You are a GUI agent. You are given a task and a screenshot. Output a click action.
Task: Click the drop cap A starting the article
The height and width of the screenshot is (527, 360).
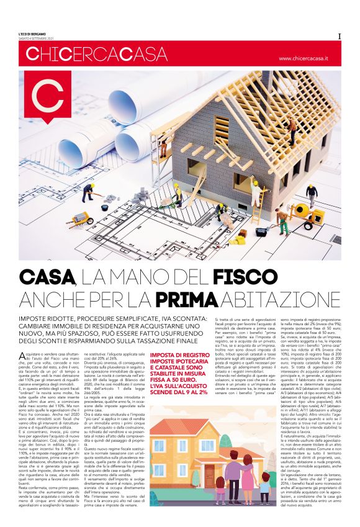[x=23, y=354]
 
